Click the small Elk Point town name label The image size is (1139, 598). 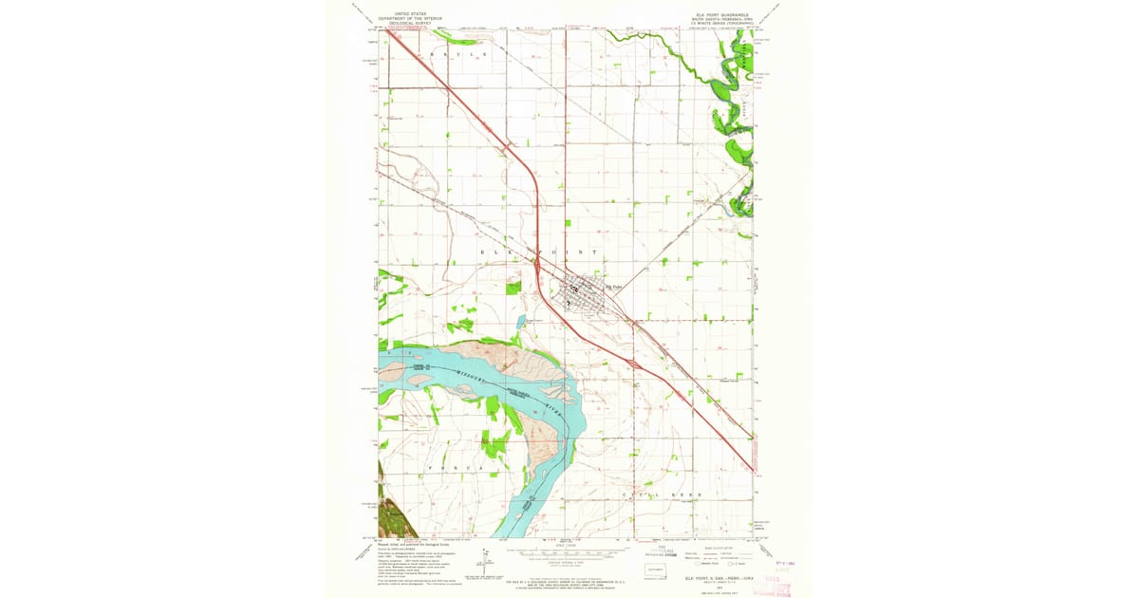point(616,286)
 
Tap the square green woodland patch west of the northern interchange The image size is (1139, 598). point(513,287)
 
